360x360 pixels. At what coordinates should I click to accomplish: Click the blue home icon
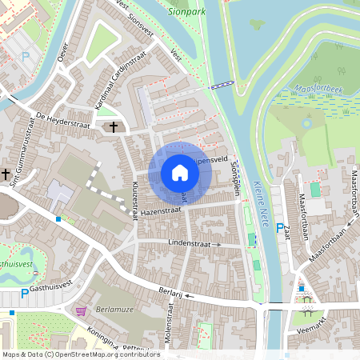180,173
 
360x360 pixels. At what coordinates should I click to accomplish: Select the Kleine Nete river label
258,192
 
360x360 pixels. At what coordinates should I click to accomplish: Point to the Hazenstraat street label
161,210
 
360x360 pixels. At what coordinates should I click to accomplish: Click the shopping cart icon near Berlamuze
80,311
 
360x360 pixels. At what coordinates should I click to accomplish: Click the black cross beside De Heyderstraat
113,126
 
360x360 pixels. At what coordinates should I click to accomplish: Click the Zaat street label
286,232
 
